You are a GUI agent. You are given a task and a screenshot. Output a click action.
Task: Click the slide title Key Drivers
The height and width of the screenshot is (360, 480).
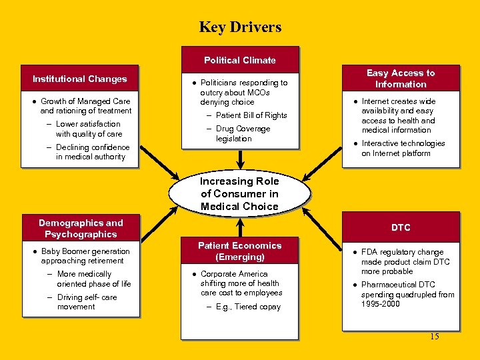point(240,27)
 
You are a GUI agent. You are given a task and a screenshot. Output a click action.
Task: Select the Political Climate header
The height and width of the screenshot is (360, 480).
point(240,60)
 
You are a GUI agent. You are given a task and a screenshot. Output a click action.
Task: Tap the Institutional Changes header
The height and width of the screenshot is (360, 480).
point(80,79)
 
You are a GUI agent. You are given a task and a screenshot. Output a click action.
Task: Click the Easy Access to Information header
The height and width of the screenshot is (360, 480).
point(401,79)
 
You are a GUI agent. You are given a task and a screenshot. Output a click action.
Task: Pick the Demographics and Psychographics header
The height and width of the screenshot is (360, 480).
point(81,228)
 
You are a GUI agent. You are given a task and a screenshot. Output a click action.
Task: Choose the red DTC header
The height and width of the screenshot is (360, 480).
point(401,227)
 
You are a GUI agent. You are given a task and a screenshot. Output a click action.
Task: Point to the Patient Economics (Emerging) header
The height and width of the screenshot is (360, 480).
point(240,251)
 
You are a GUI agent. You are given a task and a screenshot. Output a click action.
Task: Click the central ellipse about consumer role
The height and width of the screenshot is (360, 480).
point(240,193)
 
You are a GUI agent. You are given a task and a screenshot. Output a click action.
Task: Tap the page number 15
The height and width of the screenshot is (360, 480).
point(435,336)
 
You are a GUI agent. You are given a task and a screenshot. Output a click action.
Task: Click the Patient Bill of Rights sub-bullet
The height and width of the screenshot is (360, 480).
point(251,115)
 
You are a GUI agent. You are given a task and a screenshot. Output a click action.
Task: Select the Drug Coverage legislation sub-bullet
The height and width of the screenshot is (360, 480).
point(243,133)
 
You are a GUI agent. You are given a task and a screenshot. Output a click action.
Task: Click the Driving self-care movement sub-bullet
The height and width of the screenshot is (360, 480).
point(87,302)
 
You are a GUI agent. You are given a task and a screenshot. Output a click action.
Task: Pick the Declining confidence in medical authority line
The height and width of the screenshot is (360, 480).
point(92,152)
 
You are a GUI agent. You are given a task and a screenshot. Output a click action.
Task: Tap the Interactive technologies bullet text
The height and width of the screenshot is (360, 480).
point(403,148)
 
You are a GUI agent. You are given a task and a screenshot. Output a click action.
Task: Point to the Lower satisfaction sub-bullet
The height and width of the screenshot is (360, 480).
point(89,129)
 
